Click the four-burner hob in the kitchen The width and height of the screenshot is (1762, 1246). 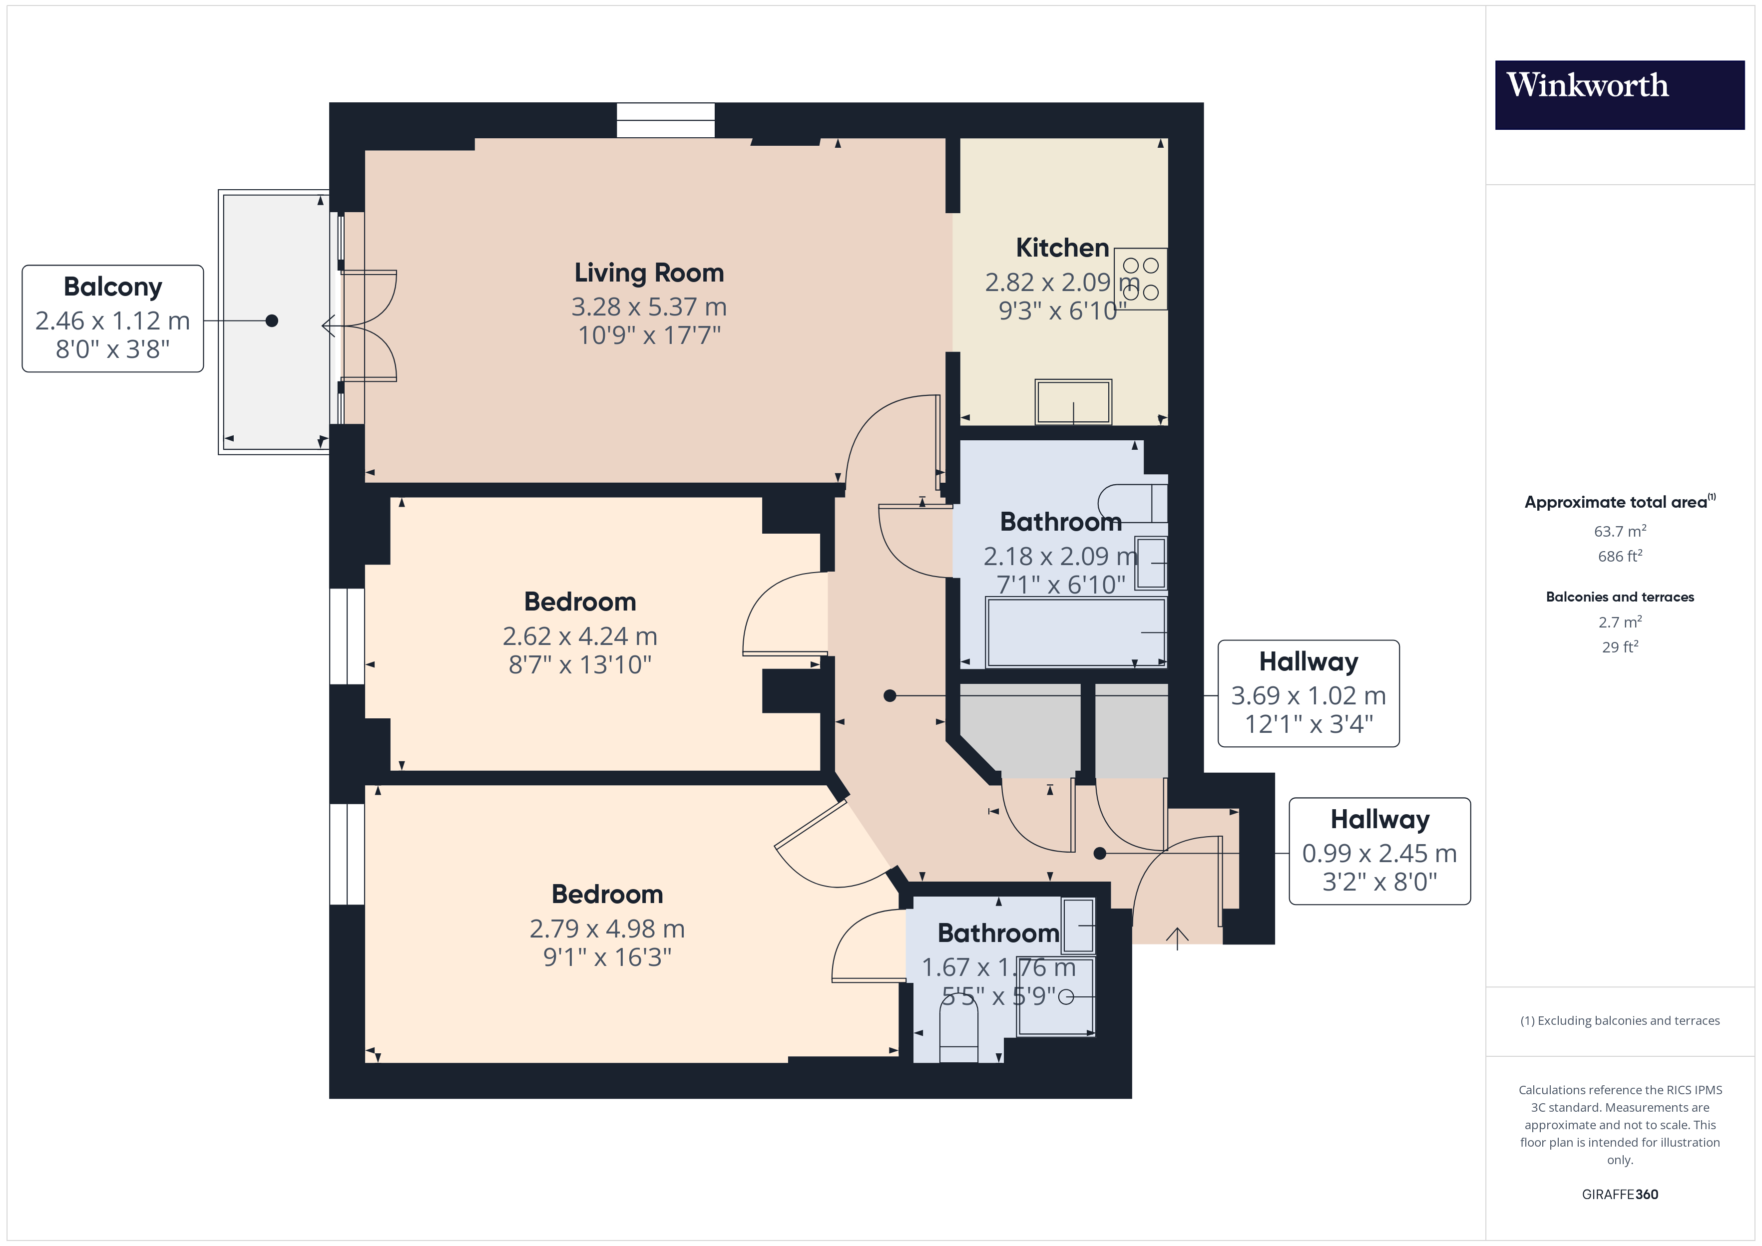1140,279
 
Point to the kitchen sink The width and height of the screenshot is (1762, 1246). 1072,401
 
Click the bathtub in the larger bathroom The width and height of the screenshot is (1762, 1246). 1074,632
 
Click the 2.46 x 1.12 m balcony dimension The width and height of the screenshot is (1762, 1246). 113,320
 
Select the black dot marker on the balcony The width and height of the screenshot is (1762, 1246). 272,320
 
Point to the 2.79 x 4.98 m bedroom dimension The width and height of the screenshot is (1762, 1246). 606,929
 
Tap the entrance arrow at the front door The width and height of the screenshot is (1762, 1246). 1177,937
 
